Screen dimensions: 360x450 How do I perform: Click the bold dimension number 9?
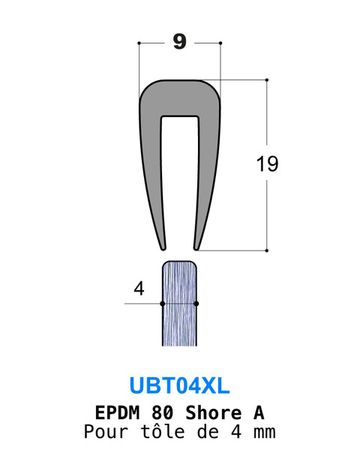(180, 42)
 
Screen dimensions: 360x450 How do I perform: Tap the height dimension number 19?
(267, 163)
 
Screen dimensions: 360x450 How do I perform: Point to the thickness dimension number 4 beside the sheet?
(139, 289)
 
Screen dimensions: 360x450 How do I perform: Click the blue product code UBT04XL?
(180, 385)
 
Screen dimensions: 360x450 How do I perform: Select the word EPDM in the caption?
(117, 412)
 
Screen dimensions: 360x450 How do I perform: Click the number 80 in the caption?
(162, 412)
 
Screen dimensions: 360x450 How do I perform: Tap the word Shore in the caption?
(213, 412)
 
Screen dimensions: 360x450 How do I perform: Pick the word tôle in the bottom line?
(162, 432)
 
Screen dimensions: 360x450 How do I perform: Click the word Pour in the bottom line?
(106, 432)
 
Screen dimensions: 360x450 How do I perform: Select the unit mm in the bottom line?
(265, 433)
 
